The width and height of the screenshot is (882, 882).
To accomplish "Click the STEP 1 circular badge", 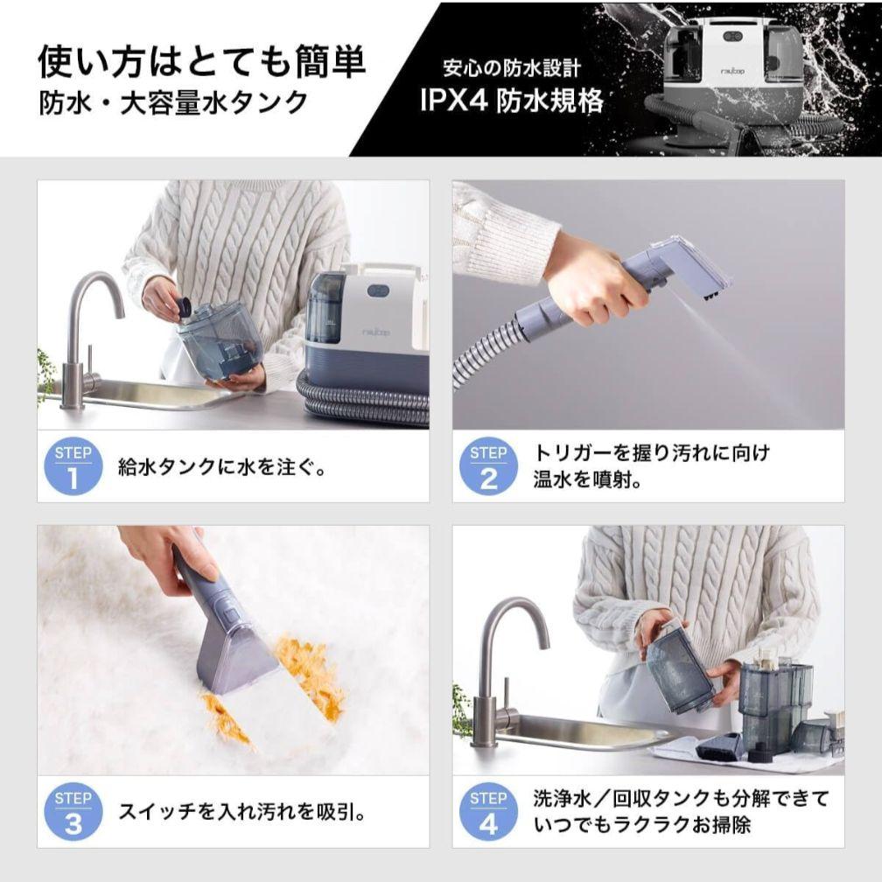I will coord(73,466).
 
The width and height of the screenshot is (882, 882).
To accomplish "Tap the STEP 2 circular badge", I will coord(488,466).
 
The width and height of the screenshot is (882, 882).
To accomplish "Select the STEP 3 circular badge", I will coord(73,812).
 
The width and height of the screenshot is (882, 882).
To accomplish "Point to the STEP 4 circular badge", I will coord(488,812).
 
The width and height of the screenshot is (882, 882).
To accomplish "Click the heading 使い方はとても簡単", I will coord(201,63).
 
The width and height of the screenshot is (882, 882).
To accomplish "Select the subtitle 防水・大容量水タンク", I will coord(173,103).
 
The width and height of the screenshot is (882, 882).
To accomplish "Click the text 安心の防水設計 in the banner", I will coord(512,67).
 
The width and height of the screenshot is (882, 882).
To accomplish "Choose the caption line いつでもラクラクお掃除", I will coord(642,825).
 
